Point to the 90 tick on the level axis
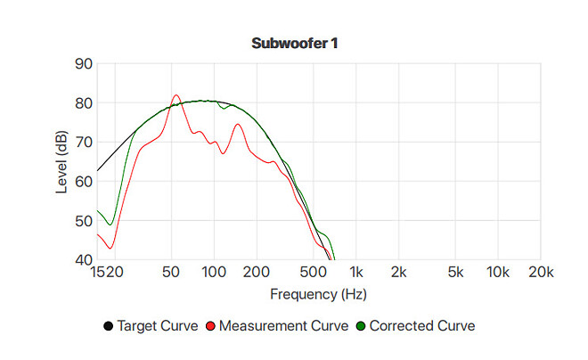(x=83, y=63)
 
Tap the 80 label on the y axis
(x=83, y=102)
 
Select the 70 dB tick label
(x=83, y=142)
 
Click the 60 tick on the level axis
(x=83, y=181)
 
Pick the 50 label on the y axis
(x=83, y=220)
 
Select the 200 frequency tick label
(x=257, y=271)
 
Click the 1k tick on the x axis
(x=355, y=271)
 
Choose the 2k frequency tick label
(x=399, y=271)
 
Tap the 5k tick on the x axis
(x=455, y=271)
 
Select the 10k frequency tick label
(x=498, y=271)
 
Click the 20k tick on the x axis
(x=541, y=271)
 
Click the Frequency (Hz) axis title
(x=318, y=293)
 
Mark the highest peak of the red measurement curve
(x=176, y=95)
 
